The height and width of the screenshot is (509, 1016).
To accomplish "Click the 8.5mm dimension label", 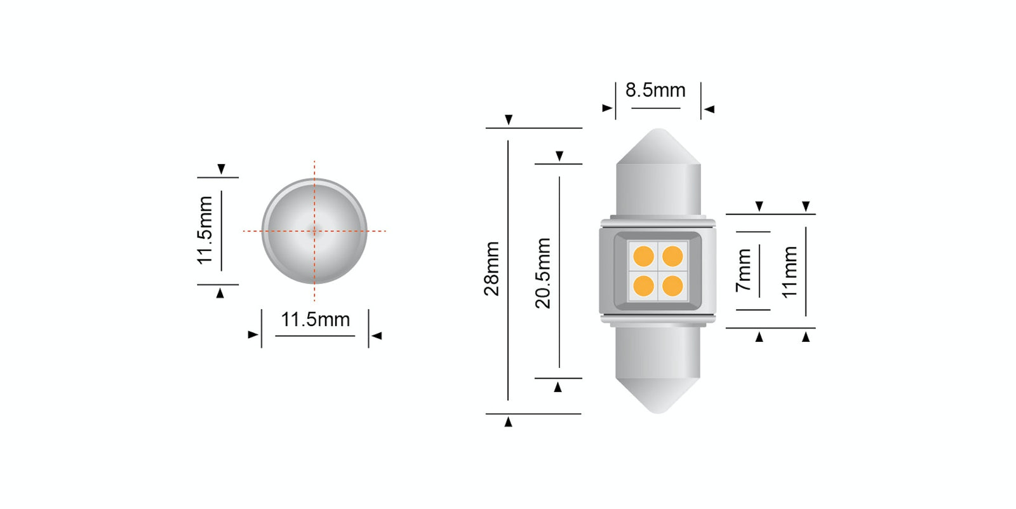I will (x=655, y=90).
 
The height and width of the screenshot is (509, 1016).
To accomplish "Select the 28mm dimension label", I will (x=491, y=268).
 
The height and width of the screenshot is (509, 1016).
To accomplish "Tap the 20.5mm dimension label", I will (x=543, y=273).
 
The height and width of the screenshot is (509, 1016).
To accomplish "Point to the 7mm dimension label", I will (x=744, y=270).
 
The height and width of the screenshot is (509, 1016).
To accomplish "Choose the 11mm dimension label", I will (x=789, y=272).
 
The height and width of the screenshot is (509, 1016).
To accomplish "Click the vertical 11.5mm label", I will (x=204, y=230).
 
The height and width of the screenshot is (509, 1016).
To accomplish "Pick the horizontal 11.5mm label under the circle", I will (x=315, y=319).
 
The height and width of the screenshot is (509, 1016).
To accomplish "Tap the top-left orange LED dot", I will (x=643, y=257).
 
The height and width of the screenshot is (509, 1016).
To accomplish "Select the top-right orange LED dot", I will (x=672, y=257).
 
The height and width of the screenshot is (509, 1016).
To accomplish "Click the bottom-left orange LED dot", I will (x=643, y=286).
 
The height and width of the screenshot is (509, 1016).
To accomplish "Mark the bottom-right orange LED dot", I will (x=672, y=286).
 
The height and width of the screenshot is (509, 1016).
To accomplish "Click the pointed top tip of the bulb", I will (x=658, y=131).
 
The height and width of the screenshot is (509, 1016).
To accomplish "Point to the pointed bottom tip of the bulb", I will (x=658, y=411).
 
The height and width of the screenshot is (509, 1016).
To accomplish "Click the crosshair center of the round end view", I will (x=314, y=231).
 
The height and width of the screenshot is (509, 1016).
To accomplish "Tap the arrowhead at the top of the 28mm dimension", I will (x=508, y=120).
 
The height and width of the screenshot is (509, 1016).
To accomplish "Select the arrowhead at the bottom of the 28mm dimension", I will (x=508, y=422).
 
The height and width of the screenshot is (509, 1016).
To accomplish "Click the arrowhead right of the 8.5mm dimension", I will (x=709, y=109).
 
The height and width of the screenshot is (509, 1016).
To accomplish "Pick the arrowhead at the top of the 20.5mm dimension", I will (x=559, y=156).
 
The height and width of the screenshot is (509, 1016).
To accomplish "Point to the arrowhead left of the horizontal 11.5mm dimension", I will (x=253, y=335).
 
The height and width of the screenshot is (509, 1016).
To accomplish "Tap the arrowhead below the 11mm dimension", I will (x=806, y=337).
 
